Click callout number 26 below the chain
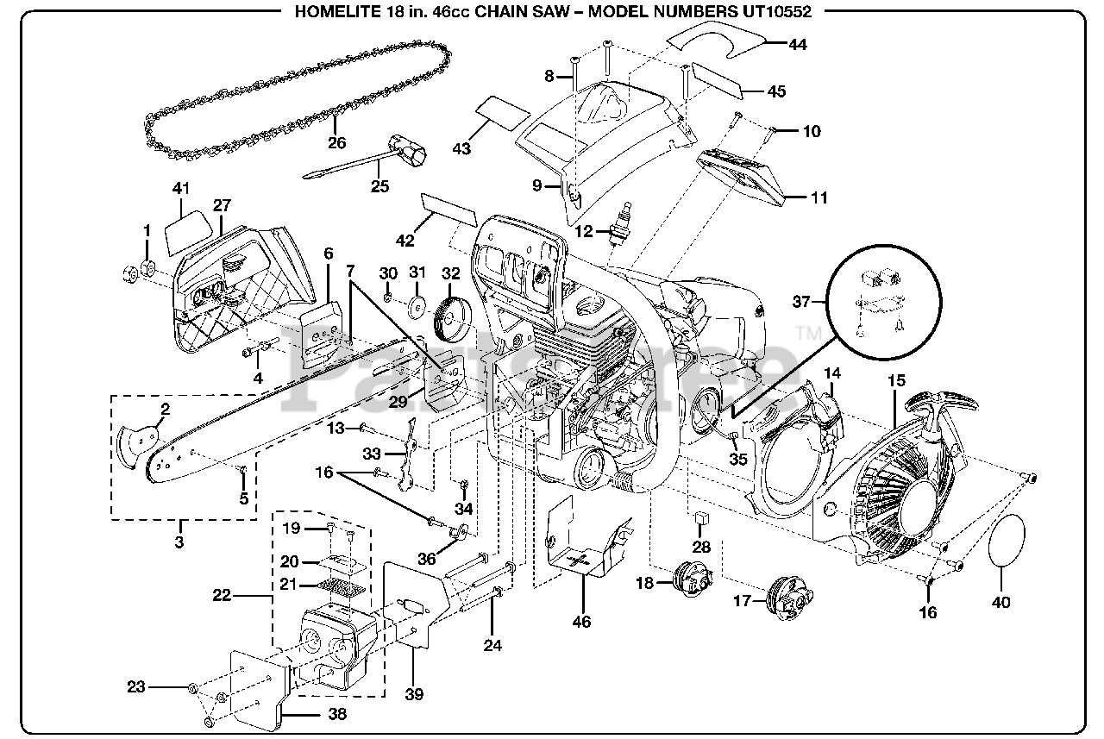pos(336,143)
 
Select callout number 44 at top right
pos(798,45)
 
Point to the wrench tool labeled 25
pos(371,159)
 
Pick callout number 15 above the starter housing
pos(896,379)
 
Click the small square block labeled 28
pos(701,517)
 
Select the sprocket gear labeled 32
pos(449,315)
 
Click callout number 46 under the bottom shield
pos(582,621)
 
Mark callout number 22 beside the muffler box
pos(223,595)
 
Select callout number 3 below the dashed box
pos(179,542)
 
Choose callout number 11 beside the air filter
pos(819,197)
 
